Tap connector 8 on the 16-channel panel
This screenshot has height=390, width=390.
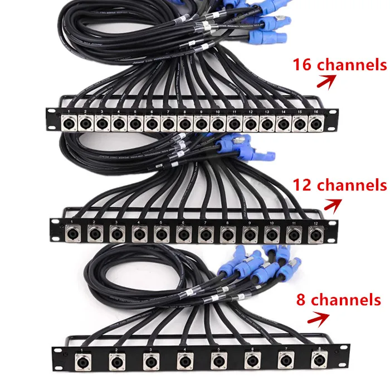point(185,121)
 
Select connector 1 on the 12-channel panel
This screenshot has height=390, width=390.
point(72,232)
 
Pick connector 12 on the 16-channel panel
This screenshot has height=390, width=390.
point(250,121)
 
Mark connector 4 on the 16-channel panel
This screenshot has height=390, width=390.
point(119,121)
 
